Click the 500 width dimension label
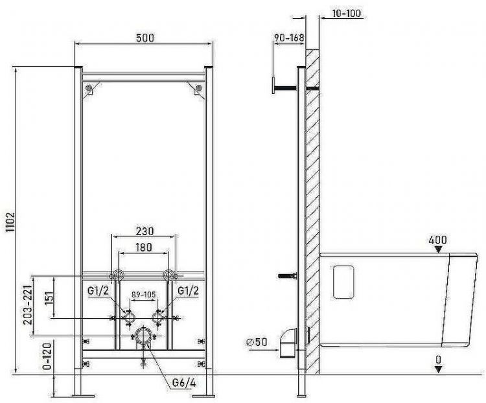[145, 38]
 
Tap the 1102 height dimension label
[10, 222]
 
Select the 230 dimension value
[145, 231]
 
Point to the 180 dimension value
[144, 247]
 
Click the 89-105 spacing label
[143, 294]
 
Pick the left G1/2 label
[98, 290]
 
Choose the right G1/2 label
[188, 290]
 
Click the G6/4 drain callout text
[184, 383]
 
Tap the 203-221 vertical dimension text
[28, 305]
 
